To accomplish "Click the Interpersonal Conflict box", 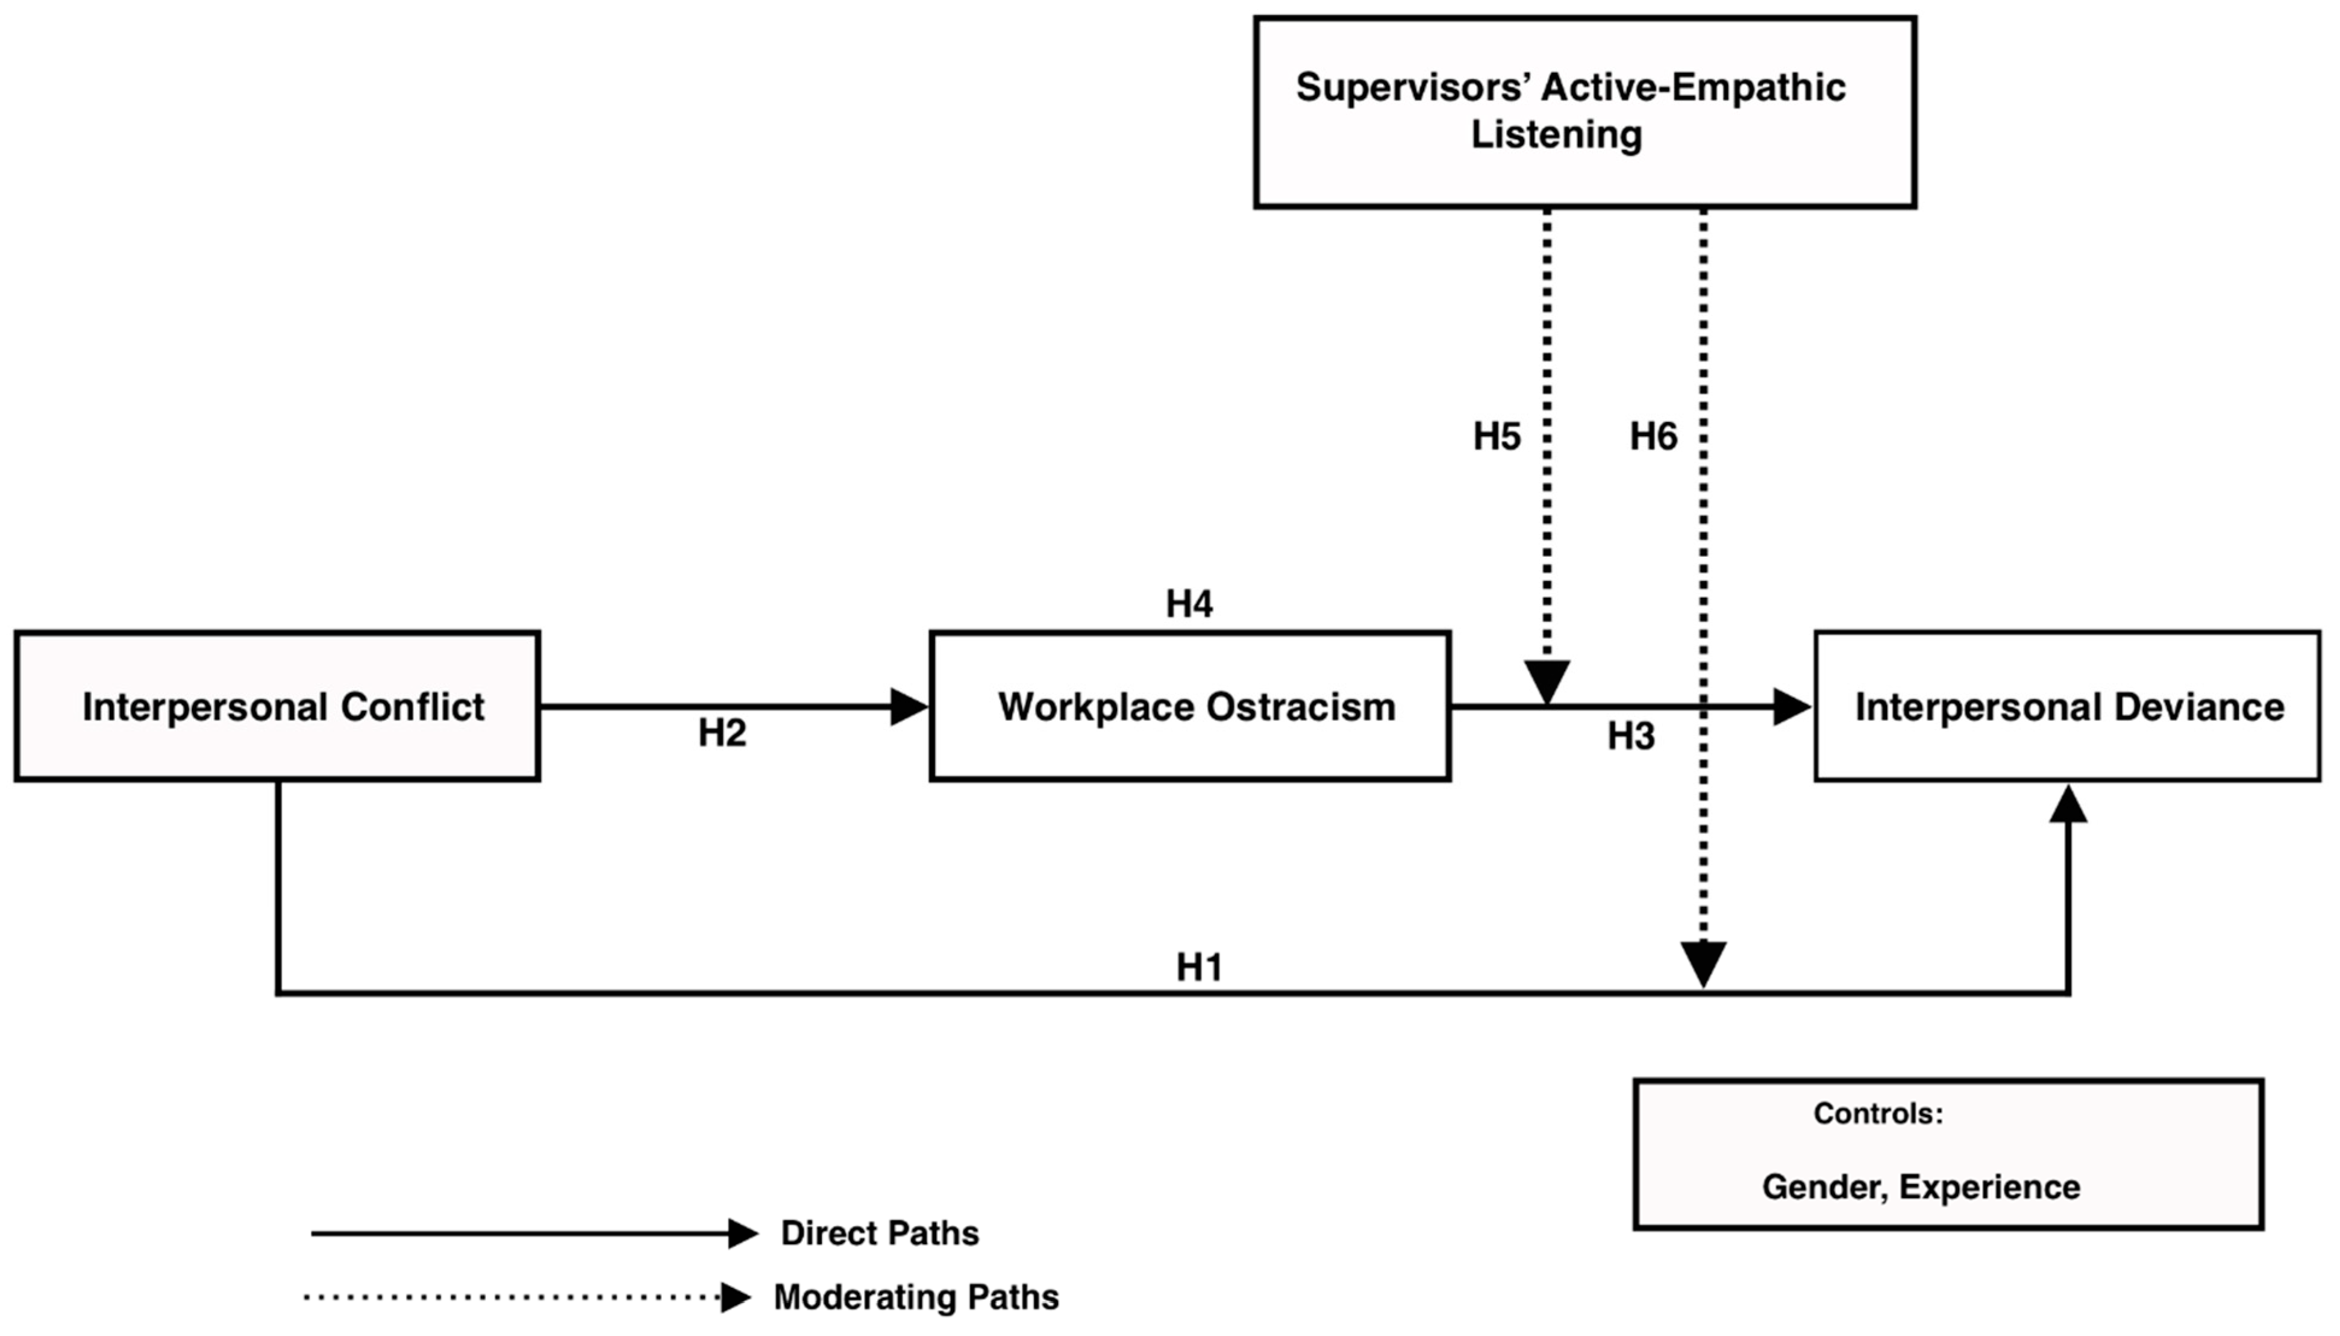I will pos(277,706).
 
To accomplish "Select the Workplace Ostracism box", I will pos(1190,706).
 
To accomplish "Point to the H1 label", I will pos(1199,967).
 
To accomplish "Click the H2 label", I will pos(722,732).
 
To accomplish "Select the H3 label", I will pos(1630,736).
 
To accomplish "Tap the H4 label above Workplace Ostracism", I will pos(1189,604).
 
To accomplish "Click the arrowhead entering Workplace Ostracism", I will pos(908,706).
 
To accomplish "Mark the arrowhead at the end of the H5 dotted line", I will pos(1547,682).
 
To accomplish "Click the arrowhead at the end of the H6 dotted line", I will pos(1703,964).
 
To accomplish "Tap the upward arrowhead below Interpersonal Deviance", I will pos(2068,806).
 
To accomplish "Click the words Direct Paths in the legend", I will pos(879,1233).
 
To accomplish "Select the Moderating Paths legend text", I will pos(915,1297).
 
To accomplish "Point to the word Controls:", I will pos(1878,1113).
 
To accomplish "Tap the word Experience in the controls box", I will pos(1989,1187).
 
